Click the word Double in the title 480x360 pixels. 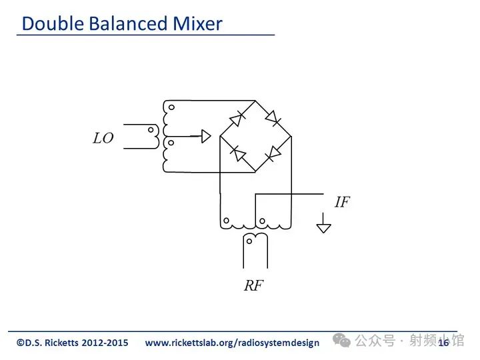click(53, 23)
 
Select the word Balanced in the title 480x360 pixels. click(128, 23)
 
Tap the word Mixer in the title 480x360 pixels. click(197, 23)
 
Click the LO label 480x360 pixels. click(103, 138)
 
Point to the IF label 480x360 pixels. click(342, 202)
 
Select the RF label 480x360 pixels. click(253, 285)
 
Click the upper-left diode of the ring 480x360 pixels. click(237, 119)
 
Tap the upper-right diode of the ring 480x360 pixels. click(273, 118)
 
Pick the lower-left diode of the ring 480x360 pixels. click(238, 153)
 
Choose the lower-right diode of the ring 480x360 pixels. click(273, 154)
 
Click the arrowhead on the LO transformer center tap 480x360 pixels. click(206, 136)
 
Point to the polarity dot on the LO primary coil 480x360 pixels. click(151, 130)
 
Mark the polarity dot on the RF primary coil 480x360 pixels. click(249, 241)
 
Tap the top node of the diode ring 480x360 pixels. click(255, 101)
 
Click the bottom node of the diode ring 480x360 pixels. click(255, 172)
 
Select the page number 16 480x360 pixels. click(443, 343)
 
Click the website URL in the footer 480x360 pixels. click(232, 343)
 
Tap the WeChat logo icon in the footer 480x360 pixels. click(341, 340)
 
